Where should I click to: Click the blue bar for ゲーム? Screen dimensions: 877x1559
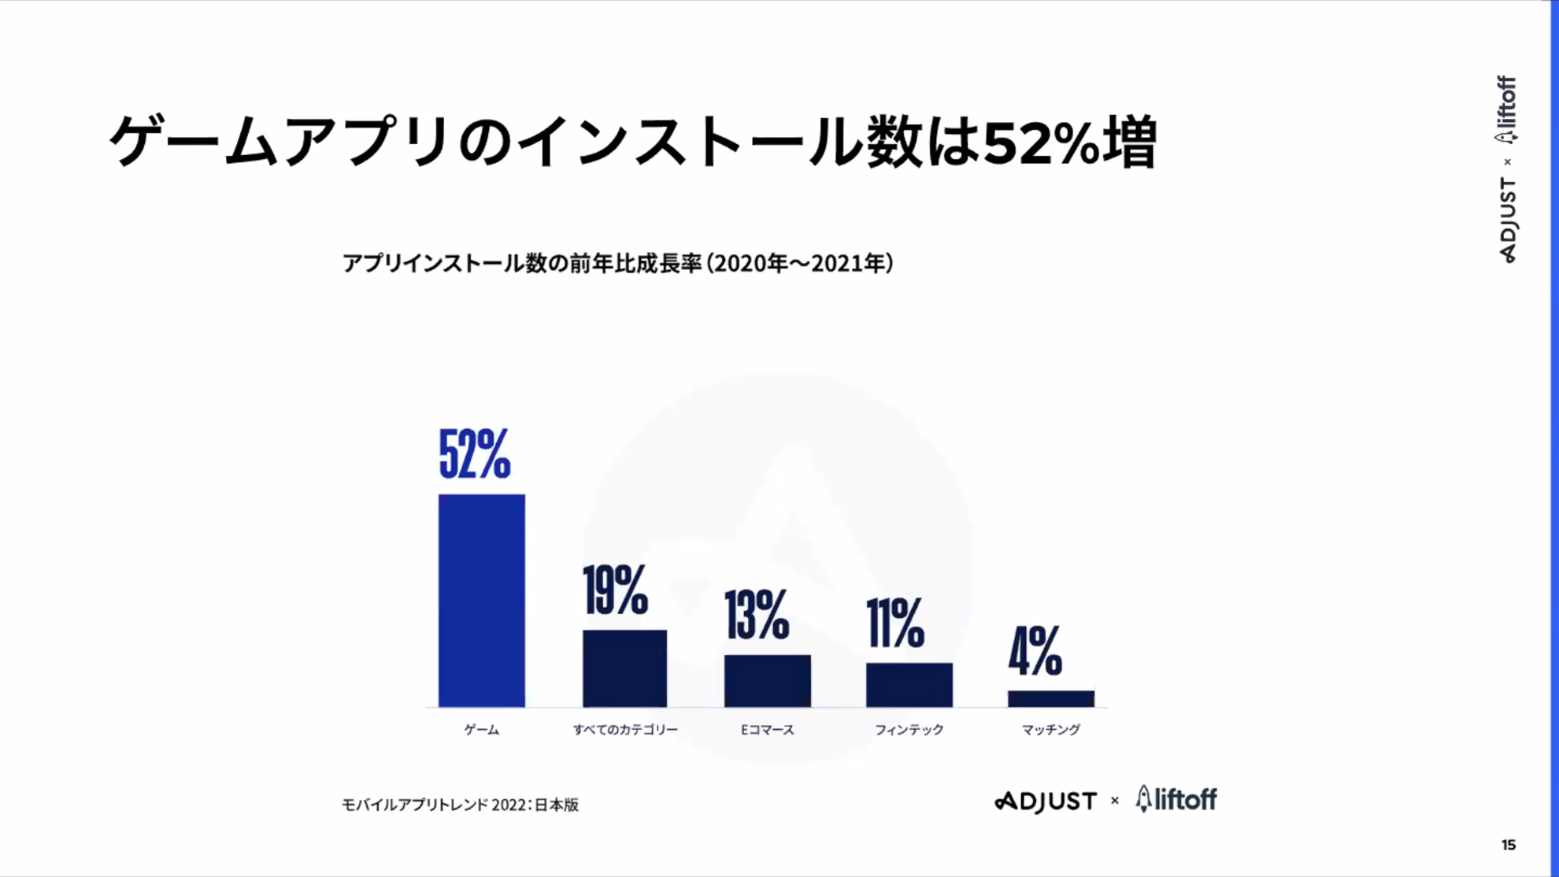(482, 600)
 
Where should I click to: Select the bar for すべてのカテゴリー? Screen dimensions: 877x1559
(624, 668)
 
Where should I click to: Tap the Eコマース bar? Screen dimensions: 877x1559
(768, 681)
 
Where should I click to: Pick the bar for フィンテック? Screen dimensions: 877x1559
(909, 685)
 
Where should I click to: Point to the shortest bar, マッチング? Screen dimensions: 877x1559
(1051, 699)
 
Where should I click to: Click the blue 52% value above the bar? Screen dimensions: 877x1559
(475, 454)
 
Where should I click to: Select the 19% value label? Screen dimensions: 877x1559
(616, 590)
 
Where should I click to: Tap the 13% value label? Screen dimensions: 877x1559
(757, 615)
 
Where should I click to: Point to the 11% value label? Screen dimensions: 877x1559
(895, 623)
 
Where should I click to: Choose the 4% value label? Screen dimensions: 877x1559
(1035, 651)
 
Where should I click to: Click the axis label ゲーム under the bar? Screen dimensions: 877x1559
(482, 730)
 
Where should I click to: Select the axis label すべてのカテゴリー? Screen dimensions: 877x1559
(625, 730)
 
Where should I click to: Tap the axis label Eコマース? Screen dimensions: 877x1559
(768, 730)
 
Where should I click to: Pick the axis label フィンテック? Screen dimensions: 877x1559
(909, 730)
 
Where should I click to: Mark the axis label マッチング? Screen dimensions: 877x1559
(1051, 730)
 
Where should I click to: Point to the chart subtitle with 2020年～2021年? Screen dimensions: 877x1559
(618, 263)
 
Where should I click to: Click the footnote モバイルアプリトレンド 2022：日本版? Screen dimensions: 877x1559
(460, 805)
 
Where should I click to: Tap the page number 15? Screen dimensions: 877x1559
(1508, 845)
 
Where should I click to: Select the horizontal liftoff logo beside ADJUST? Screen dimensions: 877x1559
(1176, 800)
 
